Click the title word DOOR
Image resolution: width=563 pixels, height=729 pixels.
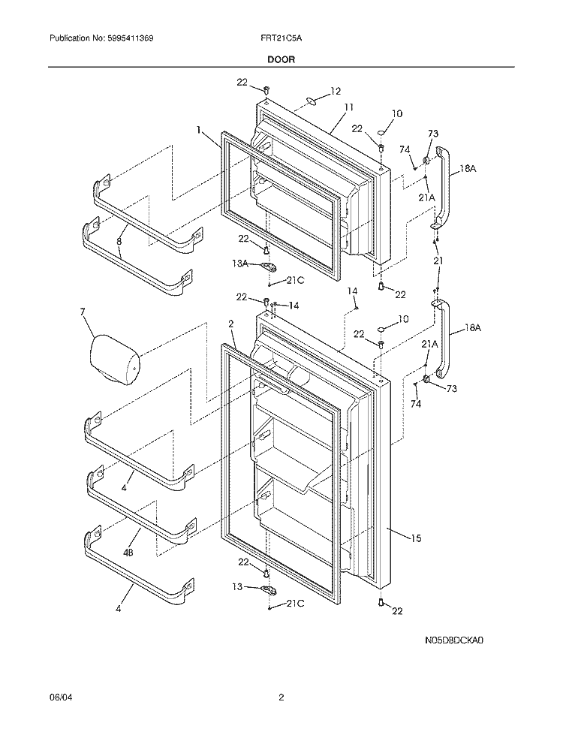(x=281, y=57)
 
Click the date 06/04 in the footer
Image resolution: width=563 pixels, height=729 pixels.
(x=59, y=697)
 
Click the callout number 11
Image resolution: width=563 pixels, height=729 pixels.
(x=348, y=107)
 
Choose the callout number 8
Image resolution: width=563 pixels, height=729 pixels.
(x=119, y=242)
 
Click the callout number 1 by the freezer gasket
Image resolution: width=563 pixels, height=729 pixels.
(x=200, y=130)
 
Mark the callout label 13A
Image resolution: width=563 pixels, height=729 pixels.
(x=240, y=264)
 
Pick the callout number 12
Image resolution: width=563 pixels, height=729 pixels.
(x=335, y=91)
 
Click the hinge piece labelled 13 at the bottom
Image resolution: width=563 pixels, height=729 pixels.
(x=268, y=589)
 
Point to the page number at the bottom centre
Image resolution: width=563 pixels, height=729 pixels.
(x=281, y=697)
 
